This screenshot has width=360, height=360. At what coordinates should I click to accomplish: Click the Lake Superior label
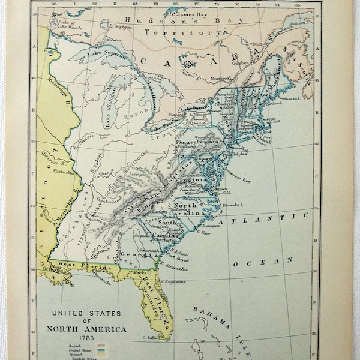(106, 57)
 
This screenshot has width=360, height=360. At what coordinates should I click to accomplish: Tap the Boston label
(268, 119)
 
